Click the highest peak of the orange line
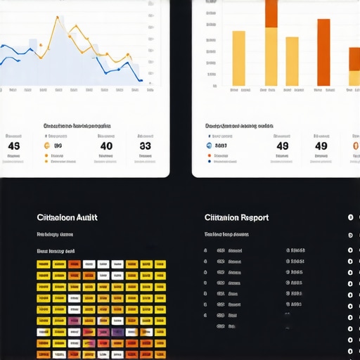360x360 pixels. point(56,15)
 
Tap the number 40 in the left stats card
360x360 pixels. point(106,146)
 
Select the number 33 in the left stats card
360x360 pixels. point(145,146)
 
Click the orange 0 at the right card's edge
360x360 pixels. point(356,146)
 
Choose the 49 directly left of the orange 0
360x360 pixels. point(321,146)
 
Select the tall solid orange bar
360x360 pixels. point(323,52)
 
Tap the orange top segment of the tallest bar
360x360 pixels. point(271,13)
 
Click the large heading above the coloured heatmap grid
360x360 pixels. point(67,218)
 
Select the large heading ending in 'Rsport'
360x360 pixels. point(236,218)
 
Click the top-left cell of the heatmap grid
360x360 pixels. point(43,265)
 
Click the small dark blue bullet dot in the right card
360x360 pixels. point(210,161)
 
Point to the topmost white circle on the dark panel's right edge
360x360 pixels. point(350,217)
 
